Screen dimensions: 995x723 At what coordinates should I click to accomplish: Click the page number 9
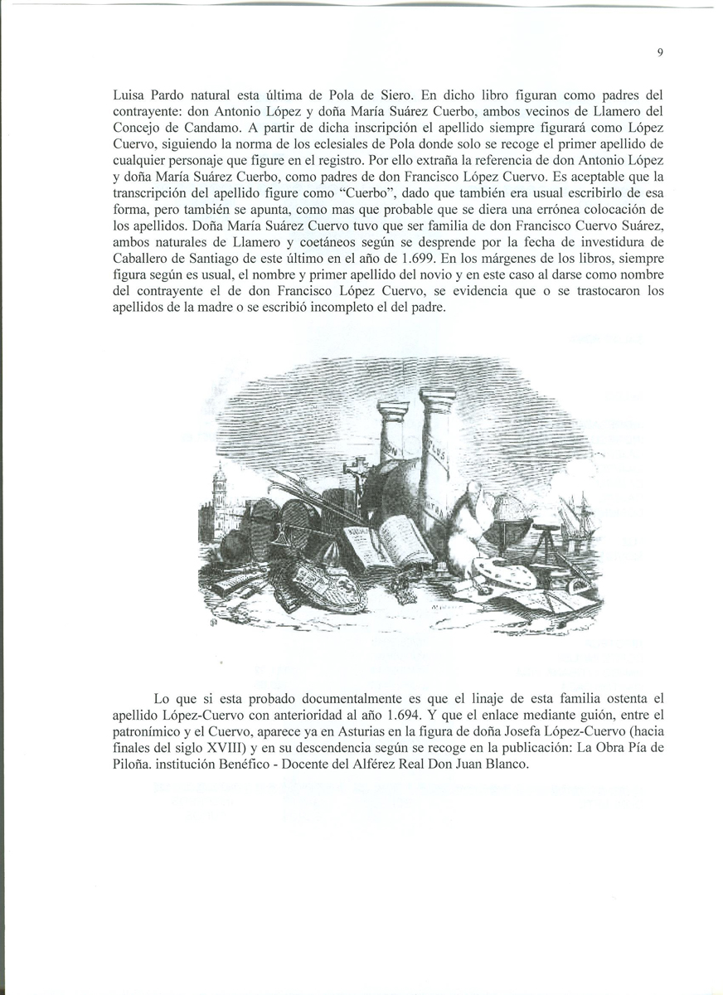click(660, 53)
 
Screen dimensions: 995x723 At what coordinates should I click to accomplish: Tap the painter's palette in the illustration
click(503, 573)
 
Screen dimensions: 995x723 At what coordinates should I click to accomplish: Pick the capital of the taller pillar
click(437, 397)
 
